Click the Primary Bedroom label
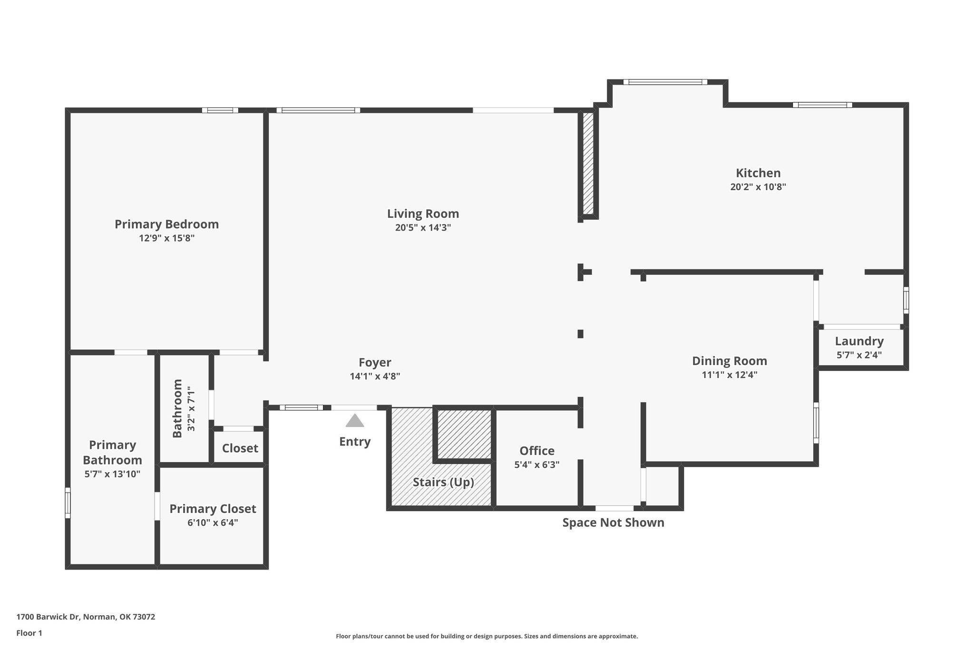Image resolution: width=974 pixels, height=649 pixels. [166, 224]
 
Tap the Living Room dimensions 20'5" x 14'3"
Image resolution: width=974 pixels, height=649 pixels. [423, 228]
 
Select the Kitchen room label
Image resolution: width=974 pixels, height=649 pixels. [758, 173]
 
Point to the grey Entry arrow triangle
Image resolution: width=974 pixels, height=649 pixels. [354, 421]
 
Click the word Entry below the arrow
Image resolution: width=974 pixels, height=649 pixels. [354, 442]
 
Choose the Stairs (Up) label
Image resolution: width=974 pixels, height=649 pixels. [443, 482]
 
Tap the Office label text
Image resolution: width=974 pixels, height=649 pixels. [536, 451]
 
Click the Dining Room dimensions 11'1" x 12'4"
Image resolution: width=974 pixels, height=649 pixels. [729, 375]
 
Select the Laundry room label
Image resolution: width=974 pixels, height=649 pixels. [859, 341]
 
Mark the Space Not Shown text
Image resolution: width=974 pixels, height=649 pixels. [613, 523]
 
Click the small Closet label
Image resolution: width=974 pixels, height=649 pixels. [240, 448]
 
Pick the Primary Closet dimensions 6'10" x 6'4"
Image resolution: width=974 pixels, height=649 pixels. [213, 523]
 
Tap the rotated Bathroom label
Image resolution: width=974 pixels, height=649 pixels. [177, 408]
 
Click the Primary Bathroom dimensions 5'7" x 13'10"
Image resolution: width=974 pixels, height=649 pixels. [112, 474]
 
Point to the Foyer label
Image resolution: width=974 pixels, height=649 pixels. [375, 362]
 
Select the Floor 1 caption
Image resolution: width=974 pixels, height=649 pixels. [29, 633]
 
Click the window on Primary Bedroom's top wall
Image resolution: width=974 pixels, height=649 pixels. [220, 110]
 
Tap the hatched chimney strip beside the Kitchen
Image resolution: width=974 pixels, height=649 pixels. [588, 163]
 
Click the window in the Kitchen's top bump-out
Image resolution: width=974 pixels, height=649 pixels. [665, 82]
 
